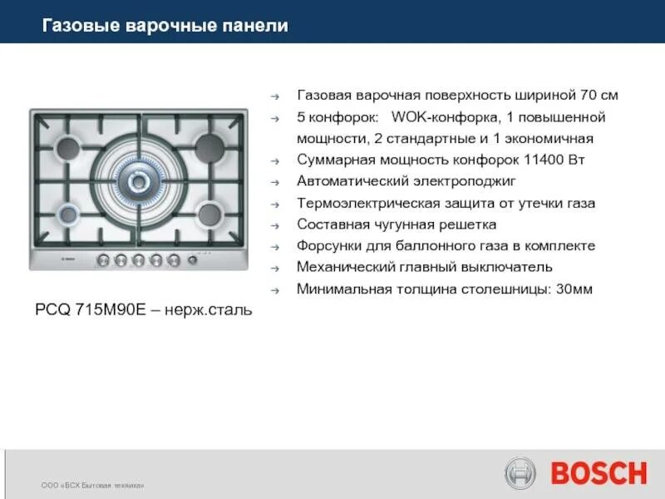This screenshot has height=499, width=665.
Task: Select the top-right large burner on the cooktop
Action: click(209, 148)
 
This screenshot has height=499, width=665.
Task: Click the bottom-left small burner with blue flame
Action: click(69, 215)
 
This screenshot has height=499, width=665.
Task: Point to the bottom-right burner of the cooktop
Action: click(209, 213)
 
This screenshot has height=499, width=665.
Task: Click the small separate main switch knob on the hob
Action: click(193, 260)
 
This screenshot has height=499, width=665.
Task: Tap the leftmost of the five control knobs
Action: click(103, 260)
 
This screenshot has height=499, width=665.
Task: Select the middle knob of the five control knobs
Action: click(139, 260)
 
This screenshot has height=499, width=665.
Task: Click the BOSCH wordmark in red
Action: click(598, 473)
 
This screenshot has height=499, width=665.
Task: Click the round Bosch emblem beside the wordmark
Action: click(521, 473)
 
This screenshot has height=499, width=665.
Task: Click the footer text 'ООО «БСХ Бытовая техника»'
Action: click(93, 485)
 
